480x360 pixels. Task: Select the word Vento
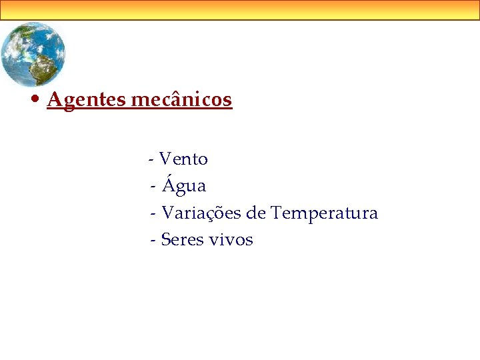(183, 159)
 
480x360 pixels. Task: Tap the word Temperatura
(324, 213)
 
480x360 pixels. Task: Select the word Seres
(183, 240)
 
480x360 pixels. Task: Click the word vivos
(231, 240)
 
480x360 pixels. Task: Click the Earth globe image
(33, 53)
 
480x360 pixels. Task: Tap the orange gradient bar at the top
(240, 10)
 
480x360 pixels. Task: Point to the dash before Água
(155, 187)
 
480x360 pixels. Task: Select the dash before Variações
(155, 214)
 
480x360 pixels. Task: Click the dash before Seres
(154, 241)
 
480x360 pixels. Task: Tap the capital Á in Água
(168, 184)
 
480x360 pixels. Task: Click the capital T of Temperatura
(277, 213)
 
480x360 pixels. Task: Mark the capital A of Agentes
(54, 100)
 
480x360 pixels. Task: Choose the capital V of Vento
(166, 159)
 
